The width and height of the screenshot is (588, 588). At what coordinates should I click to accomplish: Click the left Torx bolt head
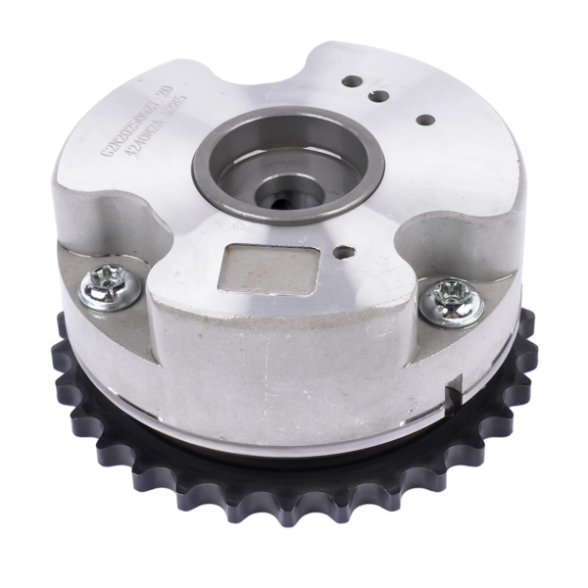pos(108,287)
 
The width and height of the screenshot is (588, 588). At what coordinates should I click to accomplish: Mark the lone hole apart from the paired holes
pos(425,120)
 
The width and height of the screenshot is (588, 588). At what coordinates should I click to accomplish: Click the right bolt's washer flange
pos(468,312)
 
